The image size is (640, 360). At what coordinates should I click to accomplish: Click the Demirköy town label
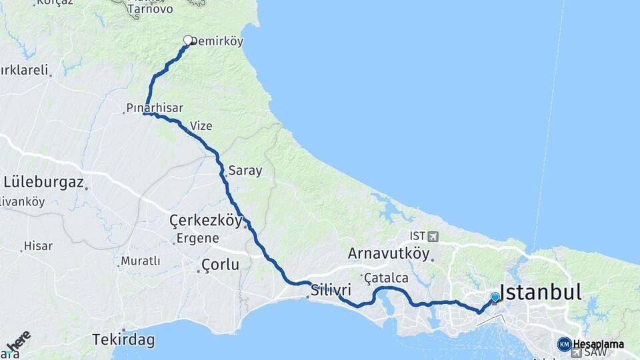[x=217, y=41]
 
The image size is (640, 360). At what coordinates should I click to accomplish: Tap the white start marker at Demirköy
[x=188, y=40]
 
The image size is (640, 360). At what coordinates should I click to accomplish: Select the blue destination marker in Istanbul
[x=495, y=297]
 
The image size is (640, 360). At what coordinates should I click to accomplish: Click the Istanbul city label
[x=541, y=292]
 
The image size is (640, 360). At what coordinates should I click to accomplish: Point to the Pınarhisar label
[x=155, y=107]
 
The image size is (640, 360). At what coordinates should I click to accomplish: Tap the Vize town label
[x=201, y=125]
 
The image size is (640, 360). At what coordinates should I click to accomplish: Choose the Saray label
[x=245, y=171]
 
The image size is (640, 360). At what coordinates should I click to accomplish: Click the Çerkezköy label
[x=205, y=221]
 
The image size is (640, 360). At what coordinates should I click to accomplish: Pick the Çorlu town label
[x=221, y=265]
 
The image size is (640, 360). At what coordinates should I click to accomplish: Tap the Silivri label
[x=331, y=291]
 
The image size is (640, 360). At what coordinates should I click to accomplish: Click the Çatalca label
[x=386, y=277]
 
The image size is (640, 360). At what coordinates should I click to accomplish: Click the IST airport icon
[x=434, y=237]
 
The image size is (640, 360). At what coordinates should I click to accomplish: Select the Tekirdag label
[x=124, y=340]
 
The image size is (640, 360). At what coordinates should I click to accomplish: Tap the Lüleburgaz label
[x=43, y=181]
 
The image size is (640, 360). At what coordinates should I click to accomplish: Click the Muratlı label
[x=141, y=261]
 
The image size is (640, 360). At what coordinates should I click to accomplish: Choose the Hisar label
[x=38, y=246]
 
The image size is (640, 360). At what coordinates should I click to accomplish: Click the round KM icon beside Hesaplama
[x=564, y=344]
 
